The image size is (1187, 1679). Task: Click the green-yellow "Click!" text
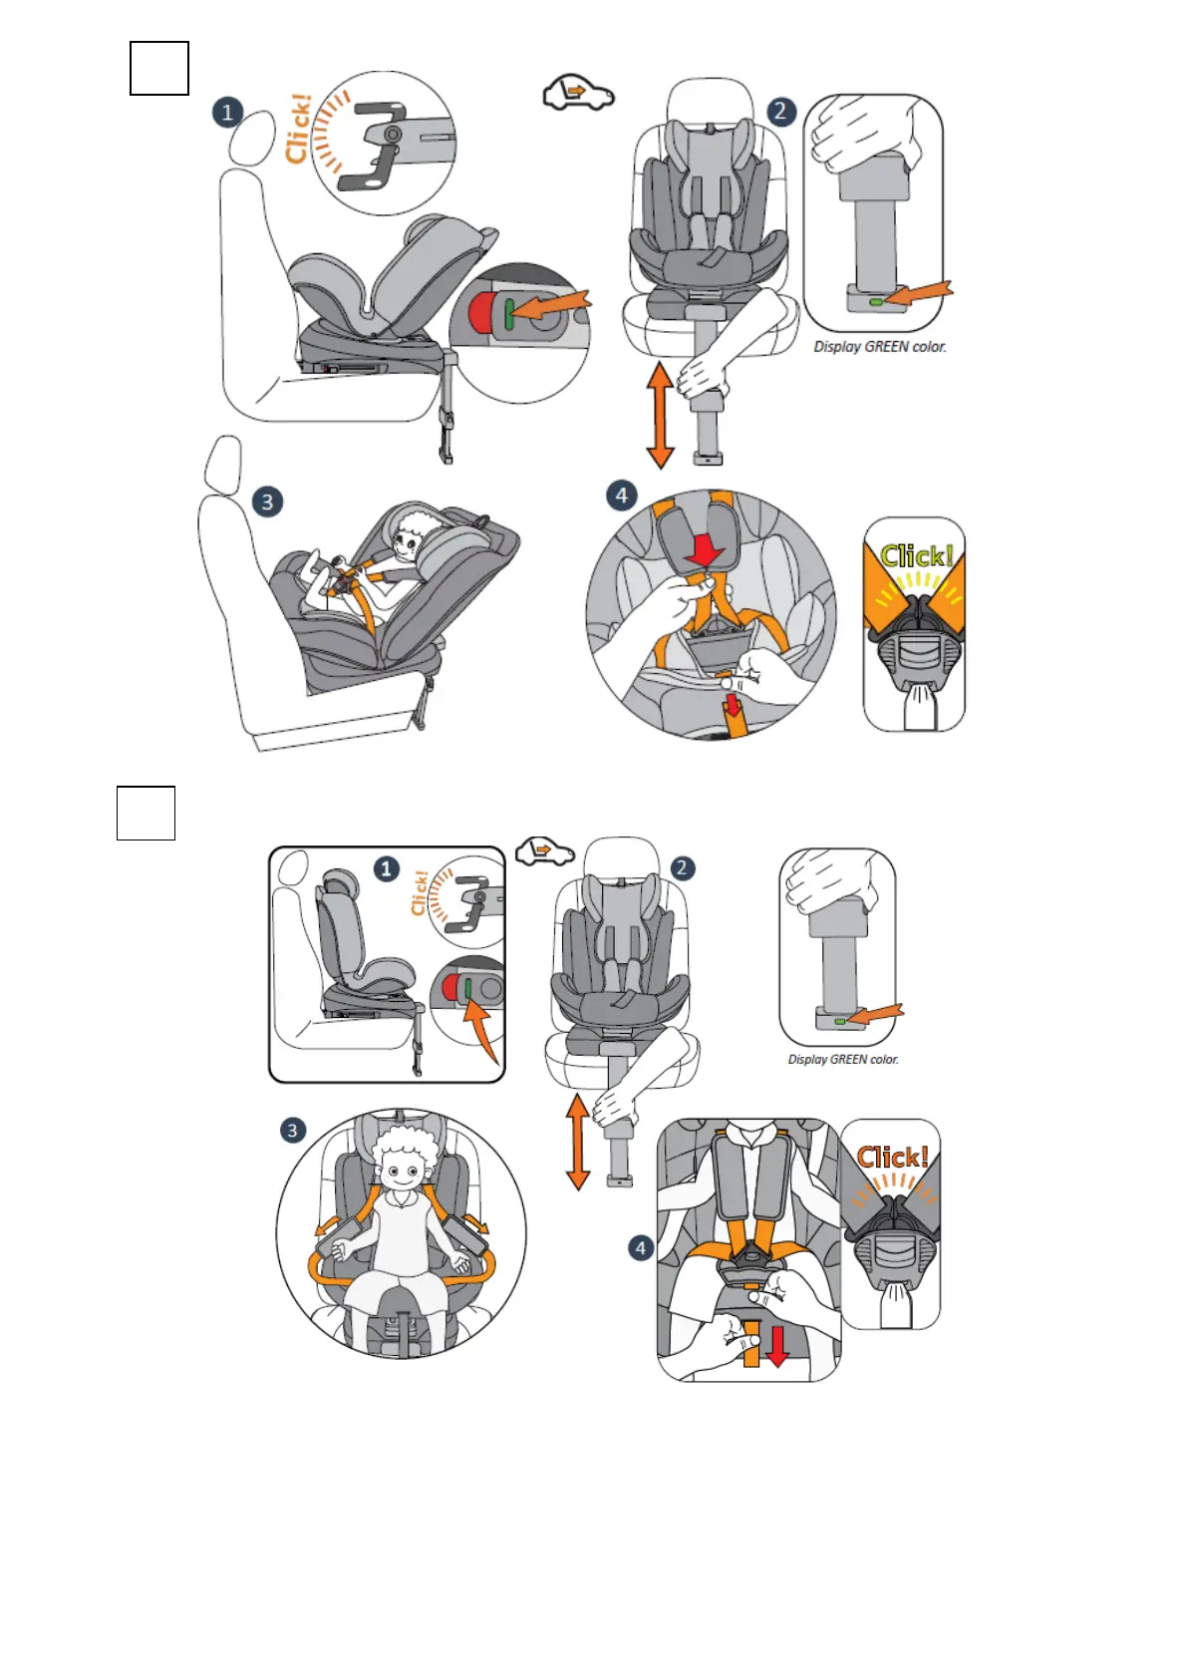point(916,556)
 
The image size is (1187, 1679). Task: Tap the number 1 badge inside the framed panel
point(387,869)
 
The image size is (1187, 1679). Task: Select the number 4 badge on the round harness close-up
point(622,496)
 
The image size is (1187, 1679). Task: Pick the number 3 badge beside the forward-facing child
point(292,1131)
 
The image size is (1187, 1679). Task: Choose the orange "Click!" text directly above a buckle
point(893,1158)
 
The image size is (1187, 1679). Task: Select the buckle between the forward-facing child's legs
point(401,1331)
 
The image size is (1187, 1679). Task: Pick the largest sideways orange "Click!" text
point(298,128)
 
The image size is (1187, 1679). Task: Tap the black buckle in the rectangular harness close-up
point(749,1268)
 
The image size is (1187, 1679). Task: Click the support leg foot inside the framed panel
point(417,1070)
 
